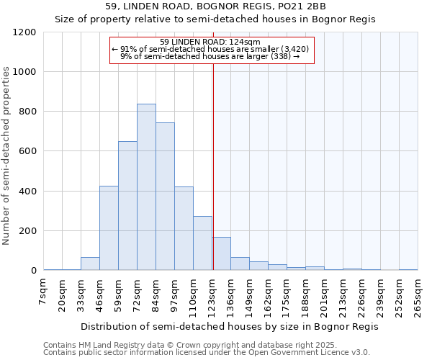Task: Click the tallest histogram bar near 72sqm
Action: (x=146, y=187)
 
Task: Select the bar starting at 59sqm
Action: (x=127, y=206)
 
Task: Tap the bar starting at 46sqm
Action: (x=109, y=228)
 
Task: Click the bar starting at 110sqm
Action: (x=202, y=243)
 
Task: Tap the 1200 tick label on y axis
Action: (x=24, y=32)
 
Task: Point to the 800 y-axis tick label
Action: (x=27, y=112)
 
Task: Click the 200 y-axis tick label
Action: (x=27, y=231)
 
